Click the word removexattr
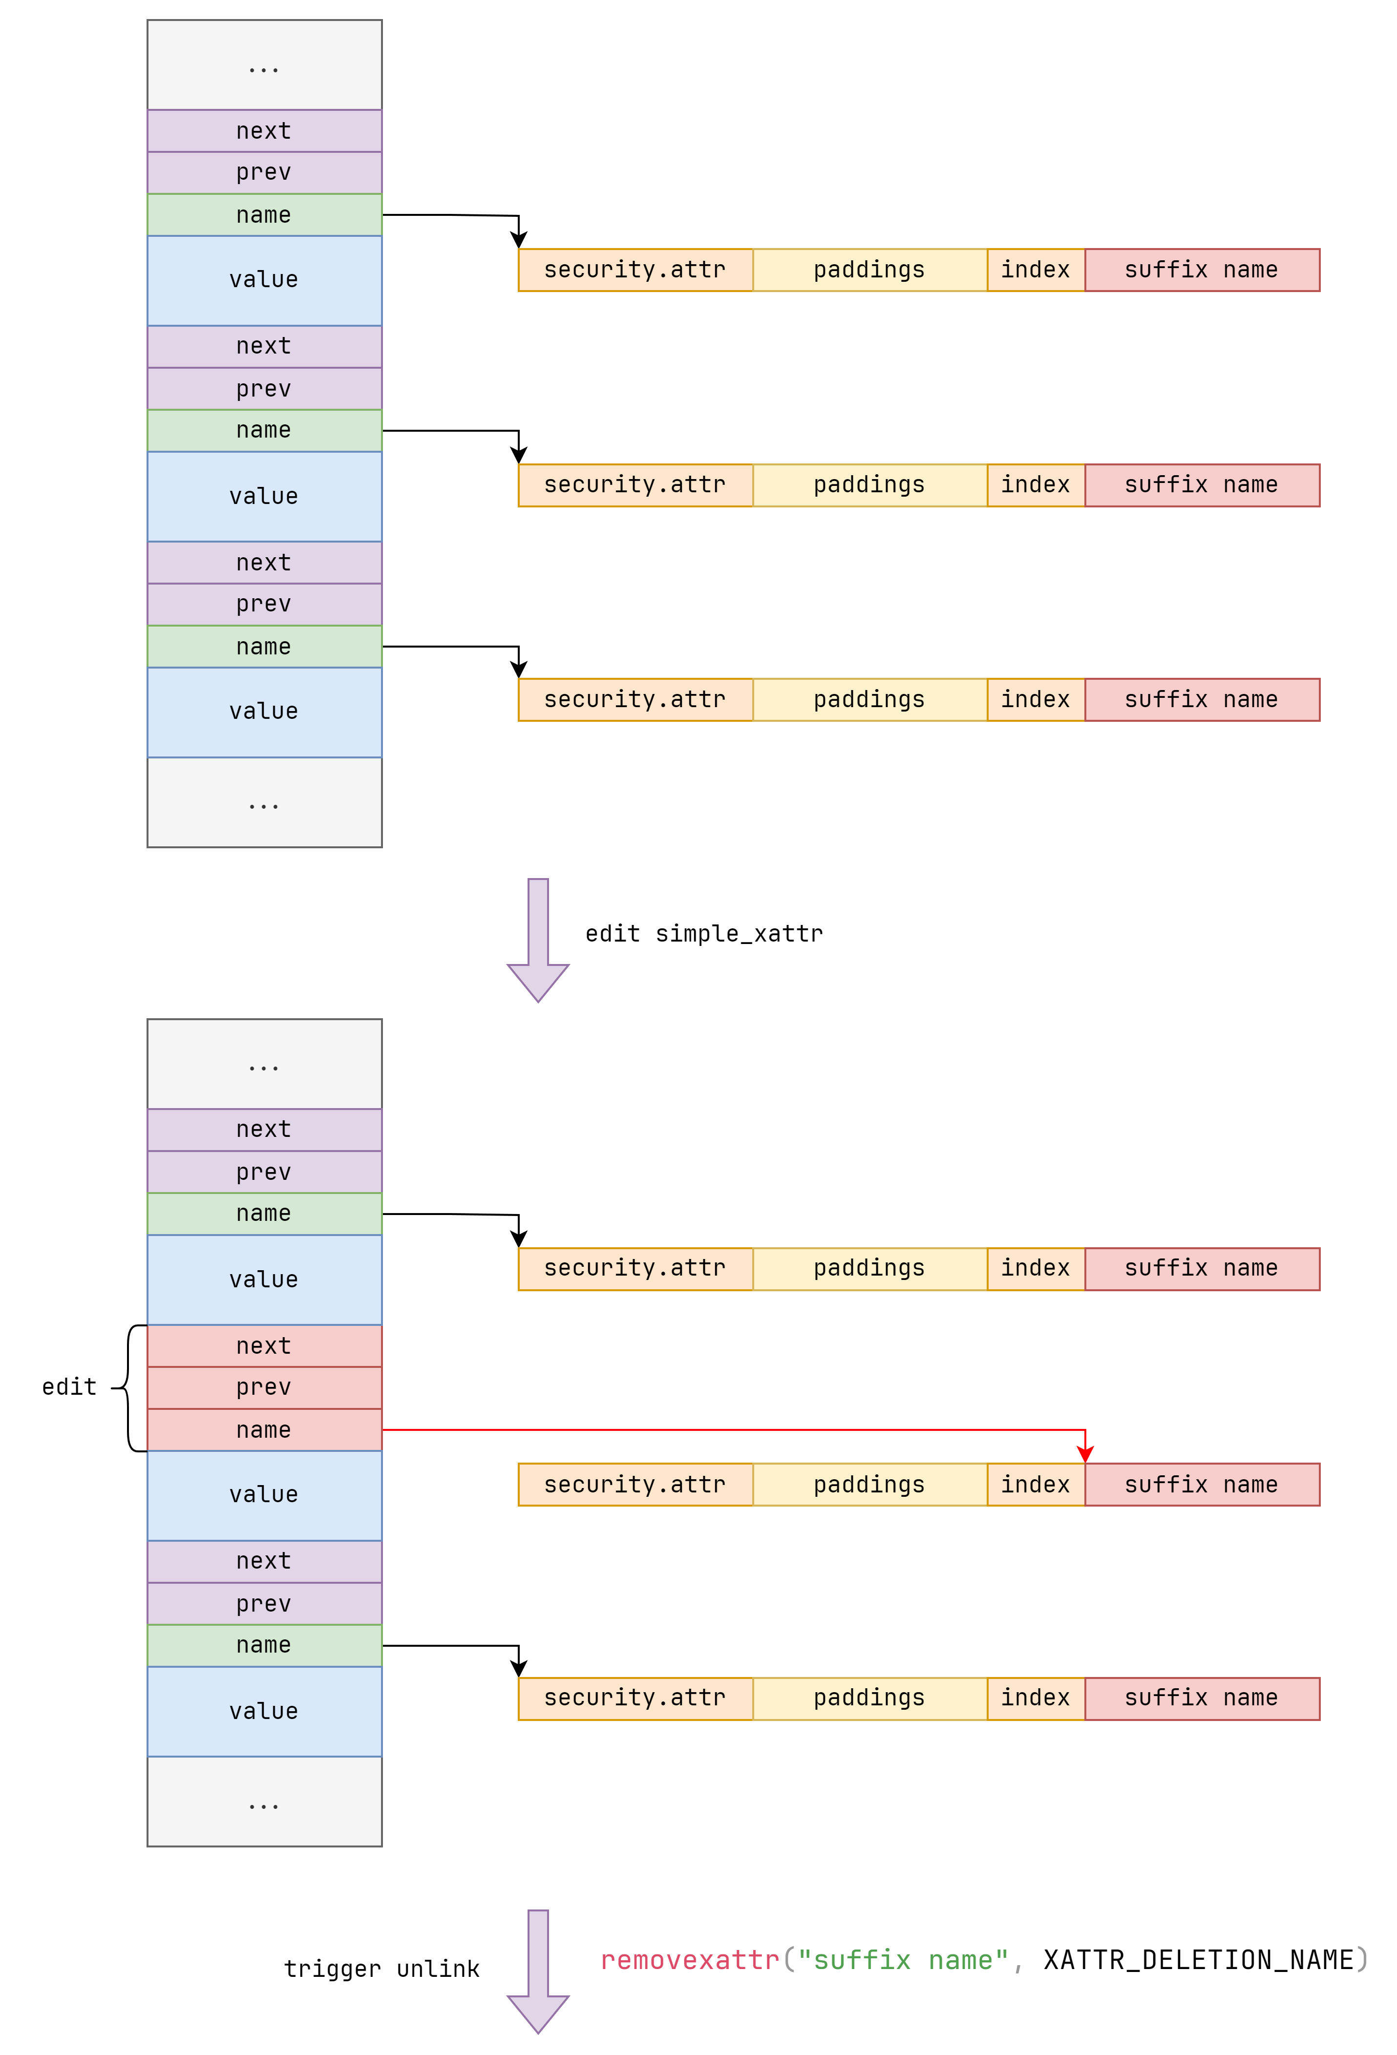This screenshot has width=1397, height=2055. (690, 1960)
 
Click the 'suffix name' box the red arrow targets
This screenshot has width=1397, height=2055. (1202, 1485)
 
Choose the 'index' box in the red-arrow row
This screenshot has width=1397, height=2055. (1036, 1485)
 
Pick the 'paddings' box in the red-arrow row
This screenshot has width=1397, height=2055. (869, 1485)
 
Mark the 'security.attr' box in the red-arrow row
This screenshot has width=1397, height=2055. (635, 1485)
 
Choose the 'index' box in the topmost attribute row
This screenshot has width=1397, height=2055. (1036, 270)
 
